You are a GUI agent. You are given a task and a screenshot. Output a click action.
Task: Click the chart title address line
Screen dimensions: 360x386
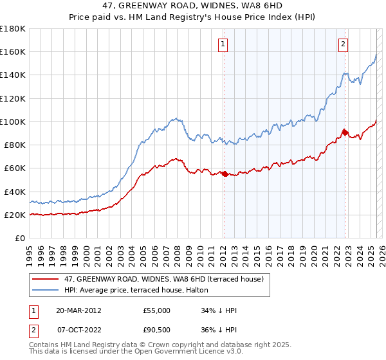click(192, 6)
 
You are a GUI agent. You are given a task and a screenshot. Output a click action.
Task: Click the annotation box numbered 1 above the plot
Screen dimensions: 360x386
click(222, 44)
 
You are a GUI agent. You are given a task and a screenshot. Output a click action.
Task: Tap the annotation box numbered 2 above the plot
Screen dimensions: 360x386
click(343, 44)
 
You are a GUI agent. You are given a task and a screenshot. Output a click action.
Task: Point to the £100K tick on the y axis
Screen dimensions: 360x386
click(14, 122)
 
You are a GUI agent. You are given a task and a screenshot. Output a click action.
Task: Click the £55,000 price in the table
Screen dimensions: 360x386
click(157, 310)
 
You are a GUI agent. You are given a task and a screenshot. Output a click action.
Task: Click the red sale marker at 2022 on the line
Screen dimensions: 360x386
click(344, 132)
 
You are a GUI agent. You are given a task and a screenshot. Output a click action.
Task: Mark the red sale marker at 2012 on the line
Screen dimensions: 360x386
click(225, 174)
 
